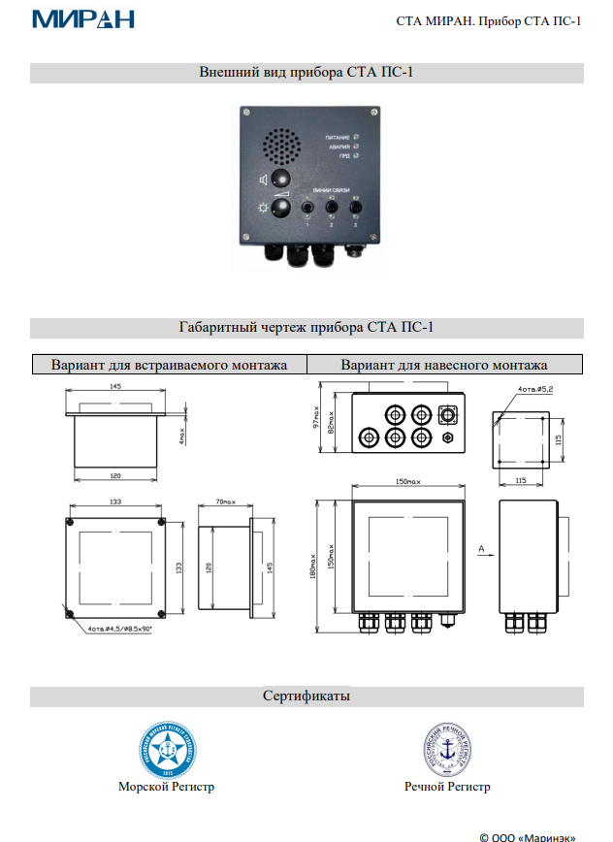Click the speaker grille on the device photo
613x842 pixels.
coord(282,146)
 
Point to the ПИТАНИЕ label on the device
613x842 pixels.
coord(337,138)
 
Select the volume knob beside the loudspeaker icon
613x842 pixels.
coord(281,179)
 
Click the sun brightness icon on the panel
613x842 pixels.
coord(262,209)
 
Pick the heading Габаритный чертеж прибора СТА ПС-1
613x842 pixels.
coord(306,328)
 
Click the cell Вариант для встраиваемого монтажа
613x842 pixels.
coord(169,365)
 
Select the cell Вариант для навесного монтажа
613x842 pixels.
coord(444,365)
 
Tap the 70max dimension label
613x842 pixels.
coord(224,502)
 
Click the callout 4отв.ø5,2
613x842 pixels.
coord(536,390)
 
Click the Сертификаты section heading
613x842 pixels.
coord(306,696)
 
